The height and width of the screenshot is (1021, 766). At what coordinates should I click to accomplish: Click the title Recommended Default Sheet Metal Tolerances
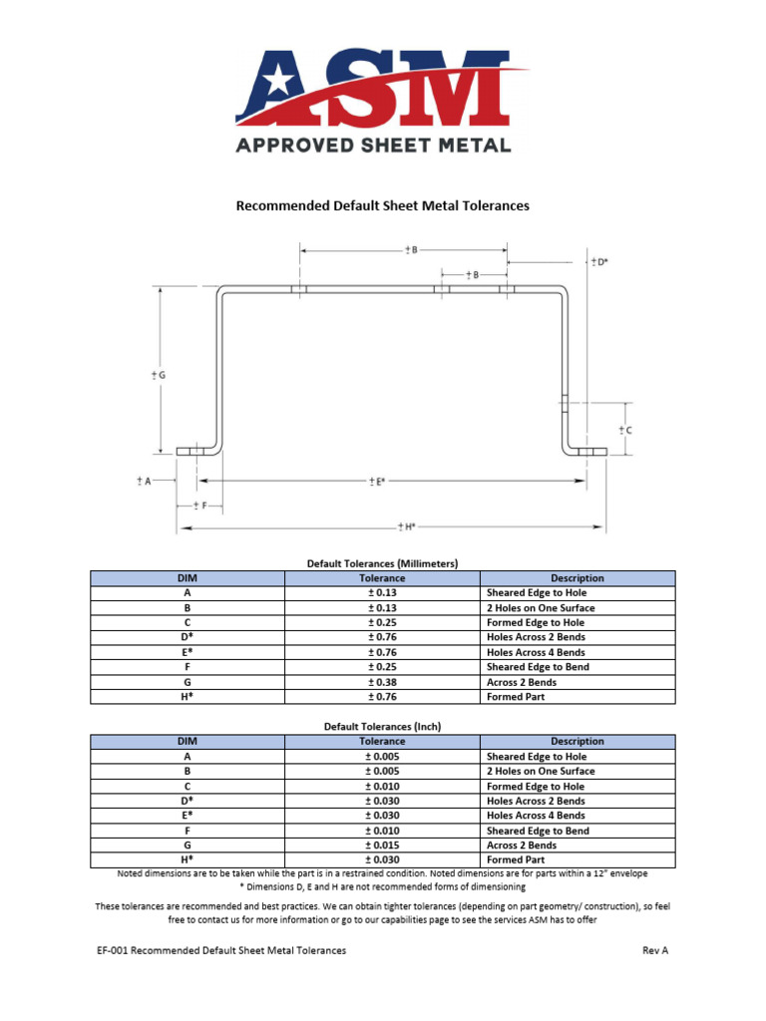pyautogui.click(x=382, y=206)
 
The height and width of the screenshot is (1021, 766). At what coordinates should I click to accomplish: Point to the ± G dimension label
pyautogui.click(x=158, y=375)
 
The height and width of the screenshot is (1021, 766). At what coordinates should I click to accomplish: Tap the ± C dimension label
pyautogui.click(x=624, y=430)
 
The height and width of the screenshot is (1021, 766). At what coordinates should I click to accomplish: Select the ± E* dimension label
pyautogui.click(x=375, y=482)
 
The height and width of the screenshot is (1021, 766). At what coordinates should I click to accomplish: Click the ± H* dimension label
pyautogui.click(x=405, y=525)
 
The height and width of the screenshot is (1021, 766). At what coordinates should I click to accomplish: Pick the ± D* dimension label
pyautogui.click(x=598, y=261)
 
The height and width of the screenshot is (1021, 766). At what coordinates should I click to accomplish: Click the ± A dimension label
pyautogui.click(x=144, y=481)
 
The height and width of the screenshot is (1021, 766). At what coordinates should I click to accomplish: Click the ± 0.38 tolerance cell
pyautogui.click(x=382, y=682)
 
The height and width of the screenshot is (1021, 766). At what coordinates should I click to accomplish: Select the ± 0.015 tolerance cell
pyautogui.click(x=382, y=846)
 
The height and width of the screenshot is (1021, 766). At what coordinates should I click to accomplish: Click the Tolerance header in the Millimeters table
pyautogui.click(x=382, y=578)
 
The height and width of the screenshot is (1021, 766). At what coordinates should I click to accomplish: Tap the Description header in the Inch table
pyautogui.click(x=577, y=741)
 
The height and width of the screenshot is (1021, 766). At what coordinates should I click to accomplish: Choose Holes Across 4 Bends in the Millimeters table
pyautogui.click(x=536, y=652)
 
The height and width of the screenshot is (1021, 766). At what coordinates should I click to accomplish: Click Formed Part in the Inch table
pyautogui.click(x=516, y=859)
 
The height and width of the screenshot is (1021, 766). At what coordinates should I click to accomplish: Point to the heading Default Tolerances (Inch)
pyautogui.click(x=382, y=727)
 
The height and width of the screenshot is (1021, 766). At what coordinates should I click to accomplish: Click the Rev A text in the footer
pyautogui.click(x=655, y=951)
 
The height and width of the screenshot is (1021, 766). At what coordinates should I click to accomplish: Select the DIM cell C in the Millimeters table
pyautogui.click(x=188, y=622)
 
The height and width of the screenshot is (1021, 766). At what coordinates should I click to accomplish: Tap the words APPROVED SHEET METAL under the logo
pyautogui.click(x=373, y=145)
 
